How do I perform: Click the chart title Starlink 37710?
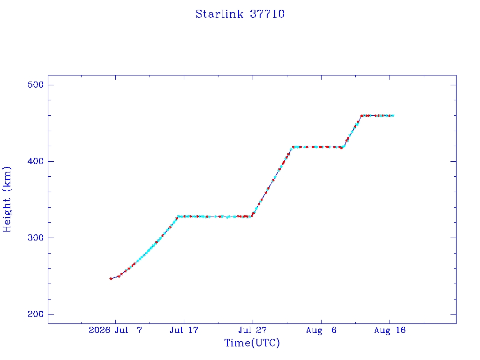[x=240, y=14]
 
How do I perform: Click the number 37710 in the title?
[x=267, y=14]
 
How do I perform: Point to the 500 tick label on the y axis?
[x=36, y=85]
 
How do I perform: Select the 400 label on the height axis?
[x=36, y=161]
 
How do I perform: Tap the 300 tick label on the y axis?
[x=36, y=238]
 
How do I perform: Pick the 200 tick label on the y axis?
[x=36, y=314]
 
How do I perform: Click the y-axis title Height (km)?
[x=7, y=199]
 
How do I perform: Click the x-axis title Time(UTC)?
[x=252, y=343]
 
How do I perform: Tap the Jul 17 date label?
[x=184, y=330]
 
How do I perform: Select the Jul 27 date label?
[x=253, y=330]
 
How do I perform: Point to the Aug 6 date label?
[x=321, y=330]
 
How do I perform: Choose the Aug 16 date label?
[x=390, y=330]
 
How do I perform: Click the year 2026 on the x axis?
[x=99, y=330]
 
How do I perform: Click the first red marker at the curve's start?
[x=111, y=278]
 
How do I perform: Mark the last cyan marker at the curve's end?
[x=393, y=116]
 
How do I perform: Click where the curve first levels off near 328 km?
[x=178, y=217]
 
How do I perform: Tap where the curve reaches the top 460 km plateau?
[x=361, y=116]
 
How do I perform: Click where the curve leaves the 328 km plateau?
[x=251, y=217]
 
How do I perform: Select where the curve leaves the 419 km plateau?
[x=344, y=147]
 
